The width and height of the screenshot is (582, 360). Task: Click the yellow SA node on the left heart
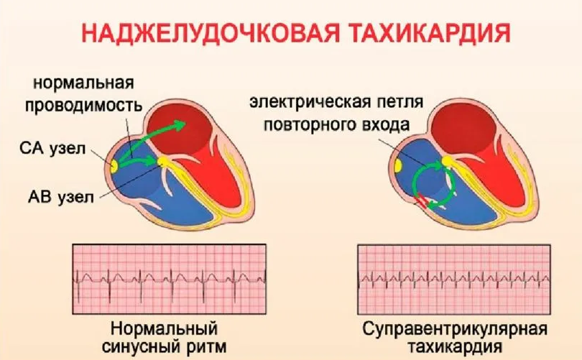pyautogui.click(x=115, y=167)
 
